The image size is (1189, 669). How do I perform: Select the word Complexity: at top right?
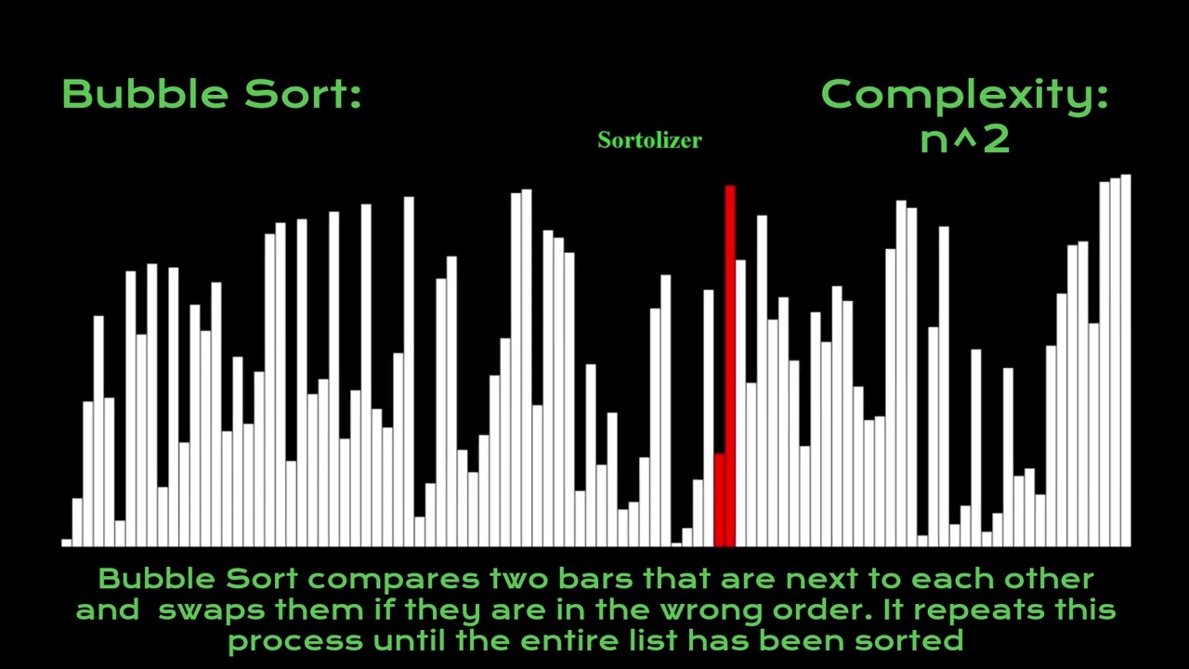pyautogui.click(x=964, y=94)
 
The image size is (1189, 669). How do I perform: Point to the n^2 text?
pyautogui.click(x=964, y=139)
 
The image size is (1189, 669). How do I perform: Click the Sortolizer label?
pyautogui.click(x=649, y=140)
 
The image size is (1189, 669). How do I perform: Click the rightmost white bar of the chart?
pyautogui.click(x=1125, y=362)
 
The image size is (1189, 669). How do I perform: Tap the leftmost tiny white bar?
pyautogui.click(x=67, y=542)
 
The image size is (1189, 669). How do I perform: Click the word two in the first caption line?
pyautogui.click(x=519, y=579)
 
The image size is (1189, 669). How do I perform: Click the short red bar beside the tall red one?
pyautogui.click(x=719, y=500)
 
